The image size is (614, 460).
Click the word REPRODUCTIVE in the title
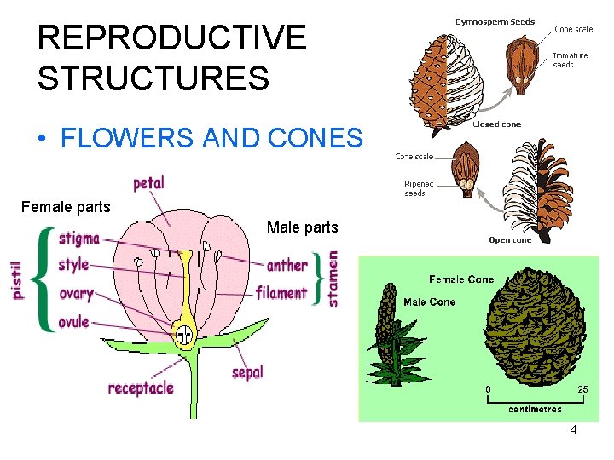171,37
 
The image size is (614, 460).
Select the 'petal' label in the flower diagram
148,182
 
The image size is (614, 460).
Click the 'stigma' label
79,239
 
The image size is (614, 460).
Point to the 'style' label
73,265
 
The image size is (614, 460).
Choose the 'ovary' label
76,295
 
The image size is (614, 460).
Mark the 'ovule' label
74,322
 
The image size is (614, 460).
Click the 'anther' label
287,265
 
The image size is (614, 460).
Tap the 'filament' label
281,293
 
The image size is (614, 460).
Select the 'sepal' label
247,372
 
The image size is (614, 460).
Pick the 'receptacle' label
141,388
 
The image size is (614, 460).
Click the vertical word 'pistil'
18,278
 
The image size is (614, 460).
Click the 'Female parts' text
67,206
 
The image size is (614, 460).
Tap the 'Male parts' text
302,227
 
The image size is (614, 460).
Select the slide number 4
573,429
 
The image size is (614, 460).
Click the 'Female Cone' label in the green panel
461,279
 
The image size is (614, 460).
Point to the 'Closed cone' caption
497,124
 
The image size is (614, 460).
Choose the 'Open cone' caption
510,240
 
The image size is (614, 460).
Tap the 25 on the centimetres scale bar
582,389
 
